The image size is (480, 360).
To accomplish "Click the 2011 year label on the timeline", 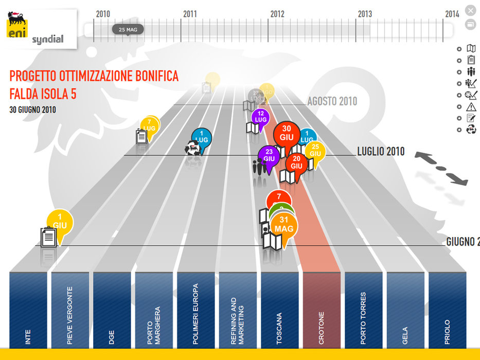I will [x=190, y=14].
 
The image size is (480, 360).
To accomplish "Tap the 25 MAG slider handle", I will [x=128, y=30].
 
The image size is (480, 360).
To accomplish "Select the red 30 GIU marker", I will [x=287, y=134].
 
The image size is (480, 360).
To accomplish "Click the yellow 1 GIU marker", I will [x=60, y=222].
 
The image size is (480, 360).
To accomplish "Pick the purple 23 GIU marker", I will [x=269, y=155].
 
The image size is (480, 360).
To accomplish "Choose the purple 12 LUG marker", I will [x=261, y=117].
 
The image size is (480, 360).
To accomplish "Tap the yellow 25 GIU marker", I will [x=315, y=151].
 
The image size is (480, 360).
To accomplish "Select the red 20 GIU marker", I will [x=296, y=163].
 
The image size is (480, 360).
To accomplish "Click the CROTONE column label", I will [x=322, y=328].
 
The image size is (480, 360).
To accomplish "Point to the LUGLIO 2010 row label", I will [x=381, y=152].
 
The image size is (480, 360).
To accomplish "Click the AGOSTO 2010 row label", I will [x=332, y=101].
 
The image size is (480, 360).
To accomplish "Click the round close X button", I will [x=470, y=10].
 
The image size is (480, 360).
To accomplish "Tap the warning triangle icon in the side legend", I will [x=471, y=107].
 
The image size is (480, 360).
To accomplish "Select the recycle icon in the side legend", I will [x=471, y=130].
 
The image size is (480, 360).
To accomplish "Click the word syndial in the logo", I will [x=48, y=40].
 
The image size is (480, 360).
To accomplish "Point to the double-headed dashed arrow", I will [x=442, y=168].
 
